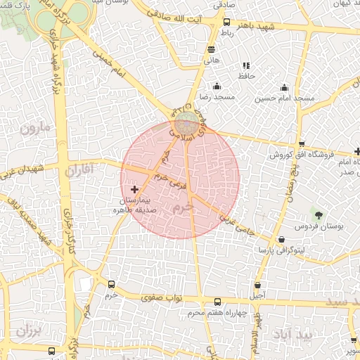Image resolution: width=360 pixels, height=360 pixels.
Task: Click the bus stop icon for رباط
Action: point(226,22)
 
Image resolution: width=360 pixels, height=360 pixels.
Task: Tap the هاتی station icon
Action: point(212,49)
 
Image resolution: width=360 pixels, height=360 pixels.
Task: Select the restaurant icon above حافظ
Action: point(245,65)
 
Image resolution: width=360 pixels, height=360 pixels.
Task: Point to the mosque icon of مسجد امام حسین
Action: point(284,87)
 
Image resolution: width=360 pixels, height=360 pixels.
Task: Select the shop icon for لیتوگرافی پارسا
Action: point(282,239)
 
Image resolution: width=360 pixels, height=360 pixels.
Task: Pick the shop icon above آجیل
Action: point(258,285)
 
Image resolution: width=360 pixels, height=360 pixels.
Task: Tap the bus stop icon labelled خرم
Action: point(111,285)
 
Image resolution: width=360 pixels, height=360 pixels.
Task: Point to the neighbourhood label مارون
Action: point(36,129)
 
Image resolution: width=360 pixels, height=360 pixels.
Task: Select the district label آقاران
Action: point(78,169)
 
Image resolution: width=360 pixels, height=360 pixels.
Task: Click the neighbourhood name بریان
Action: point(28,329)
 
